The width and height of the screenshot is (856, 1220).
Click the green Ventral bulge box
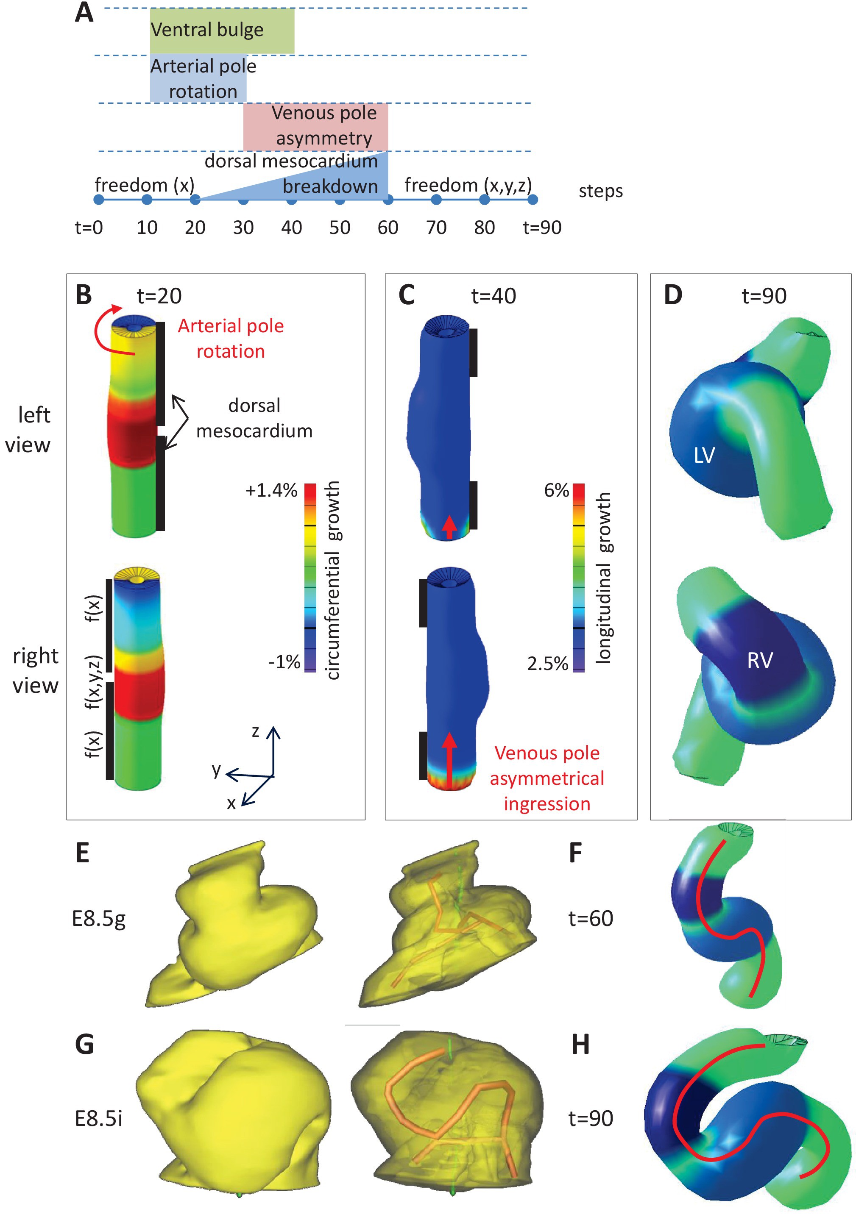coord(222,31)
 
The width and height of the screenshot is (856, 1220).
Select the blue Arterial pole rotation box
coord(198,78)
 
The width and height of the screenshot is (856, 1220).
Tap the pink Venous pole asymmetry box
coord(315,126)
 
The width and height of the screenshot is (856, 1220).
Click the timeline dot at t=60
coord(388,200)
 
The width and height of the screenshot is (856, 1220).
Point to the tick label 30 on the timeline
coord(243,228)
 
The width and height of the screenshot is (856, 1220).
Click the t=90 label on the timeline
coord(542,228)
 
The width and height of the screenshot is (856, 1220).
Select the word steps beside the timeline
coord(601,191)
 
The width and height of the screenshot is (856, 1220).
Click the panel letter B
coord(84,295)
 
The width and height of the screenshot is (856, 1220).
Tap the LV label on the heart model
coord(705,456)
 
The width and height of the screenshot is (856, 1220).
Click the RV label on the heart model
coord(760,661)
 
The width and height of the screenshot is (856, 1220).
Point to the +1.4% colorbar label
coord(271,490)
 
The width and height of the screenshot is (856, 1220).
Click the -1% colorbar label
coord(284,662)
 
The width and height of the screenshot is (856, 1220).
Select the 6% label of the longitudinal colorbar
coord(556,490)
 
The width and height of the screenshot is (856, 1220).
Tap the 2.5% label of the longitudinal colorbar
coord(548,664)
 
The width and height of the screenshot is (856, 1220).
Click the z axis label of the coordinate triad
coord(255,732)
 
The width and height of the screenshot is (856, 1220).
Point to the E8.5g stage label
coord(99,919)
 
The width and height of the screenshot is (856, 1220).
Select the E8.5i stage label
coord(99,1119)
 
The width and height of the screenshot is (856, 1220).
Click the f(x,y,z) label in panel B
coord(94,682)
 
